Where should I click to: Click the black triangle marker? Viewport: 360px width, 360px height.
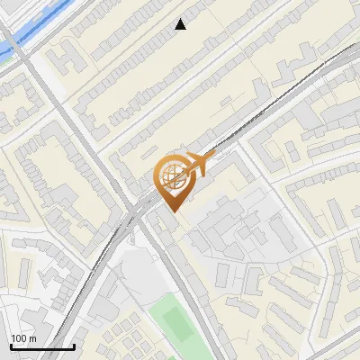pos(181,24)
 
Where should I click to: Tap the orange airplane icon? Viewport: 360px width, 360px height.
pos(197,165)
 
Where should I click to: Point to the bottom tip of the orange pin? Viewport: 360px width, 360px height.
pos(171,211)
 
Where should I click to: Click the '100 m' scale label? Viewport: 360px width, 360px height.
pos(23,337)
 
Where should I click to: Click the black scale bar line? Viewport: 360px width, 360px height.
pos(41,346)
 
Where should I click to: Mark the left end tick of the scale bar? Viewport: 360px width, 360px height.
pos(10,345)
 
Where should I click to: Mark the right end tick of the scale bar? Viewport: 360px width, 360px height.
pos(74,345)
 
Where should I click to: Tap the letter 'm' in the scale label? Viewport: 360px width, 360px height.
pos(32,337)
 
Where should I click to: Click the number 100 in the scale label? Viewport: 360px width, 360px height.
pos(19,337)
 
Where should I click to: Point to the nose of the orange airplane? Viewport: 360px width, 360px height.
pos(210,159)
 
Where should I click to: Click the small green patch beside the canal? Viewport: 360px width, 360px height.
pos(4,61)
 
